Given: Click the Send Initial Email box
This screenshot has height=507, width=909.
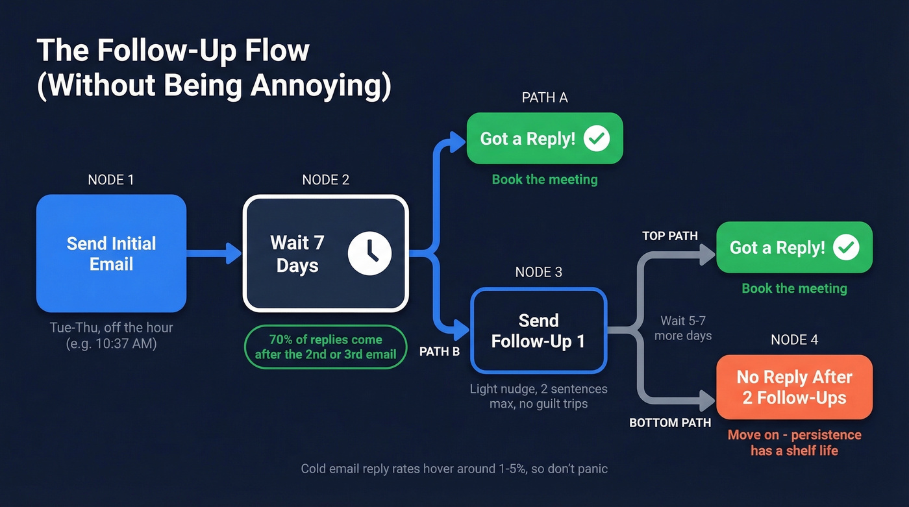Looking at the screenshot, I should [111, 253].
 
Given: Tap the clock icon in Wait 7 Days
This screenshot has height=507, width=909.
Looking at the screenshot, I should [369, 253].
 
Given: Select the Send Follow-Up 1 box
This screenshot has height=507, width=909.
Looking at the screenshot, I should [538, 330].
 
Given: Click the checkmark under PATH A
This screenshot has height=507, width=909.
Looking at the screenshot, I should [596, 138].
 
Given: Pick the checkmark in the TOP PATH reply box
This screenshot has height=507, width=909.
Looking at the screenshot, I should [846, 247].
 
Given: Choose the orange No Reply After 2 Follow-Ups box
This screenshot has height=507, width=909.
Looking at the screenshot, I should [794, 387].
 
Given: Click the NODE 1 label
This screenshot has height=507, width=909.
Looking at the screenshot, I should [111, 180].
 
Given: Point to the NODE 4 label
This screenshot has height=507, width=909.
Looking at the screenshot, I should [794, 340].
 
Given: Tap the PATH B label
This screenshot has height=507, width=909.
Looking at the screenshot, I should [440, 351].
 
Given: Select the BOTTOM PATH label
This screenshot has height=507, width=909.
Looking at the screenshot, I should [670, 423].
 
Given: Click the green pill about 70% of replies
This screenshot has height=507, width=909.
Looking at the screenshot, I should [325, 347].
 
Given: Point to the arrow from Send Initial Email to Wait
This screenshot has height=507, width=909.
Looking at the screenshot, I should [214, 253].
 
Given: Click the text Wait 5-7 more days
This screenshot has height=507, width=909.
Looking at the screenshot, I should [686, 328].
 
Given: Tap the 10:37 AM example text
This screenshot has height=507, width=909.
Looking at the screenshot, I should [111, 344].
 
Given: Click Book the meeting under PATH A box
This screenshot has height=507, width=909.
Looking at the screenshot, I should [544, 179].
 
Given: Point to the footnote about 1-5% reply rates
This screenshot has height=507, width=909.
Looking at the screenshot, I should [454, 468].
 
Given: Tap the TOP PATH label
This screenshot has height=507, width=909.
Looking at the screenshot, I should [669, 236].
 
